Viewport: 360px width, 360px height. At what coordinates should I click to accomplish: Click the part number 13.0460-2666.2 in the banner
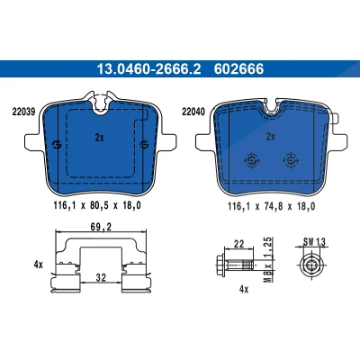coord(148,69)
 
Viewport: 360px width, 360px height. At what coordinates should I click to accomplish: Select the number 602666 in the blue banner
coord(238,69)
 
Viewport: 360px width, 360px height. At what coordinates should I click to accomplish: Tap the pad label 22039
coord(23,112)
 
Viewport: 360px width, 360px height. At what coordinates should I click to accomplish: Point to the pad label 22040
coord(193,112)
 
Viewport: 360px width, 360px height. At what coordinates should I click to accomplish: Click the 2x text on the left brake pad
coord(99,138)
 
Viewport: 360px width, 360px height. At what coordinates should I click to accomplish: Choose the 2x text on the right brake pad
coord(271,137)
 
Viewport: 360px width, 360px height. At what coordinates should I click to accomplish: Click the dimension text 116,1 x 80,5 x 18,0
coord(97,205)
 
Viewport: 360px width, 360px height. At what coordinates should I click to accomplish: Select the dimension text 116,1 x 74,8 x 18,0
coord(271,206)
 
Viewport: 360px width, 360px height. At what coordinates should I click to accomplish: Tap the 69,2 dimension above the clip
coord(101,227)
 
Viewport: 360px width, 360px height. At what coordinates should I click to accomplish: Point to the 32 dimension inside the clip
coord(101,278)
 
